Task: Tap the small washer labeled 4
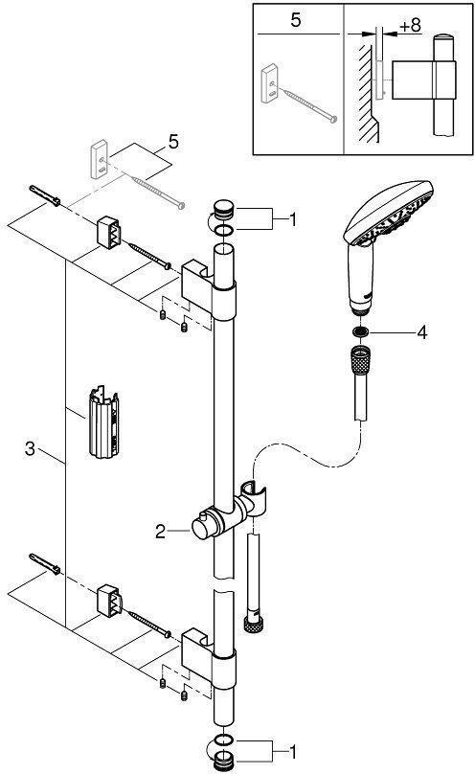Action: [x=360, y=331]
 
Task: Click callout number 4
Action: [x=421, y=332]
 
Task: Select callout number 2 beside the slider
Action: [x=160, y=532]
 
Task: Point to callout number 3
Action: [x=31, y=448]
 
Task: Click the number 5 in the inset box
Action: [x=296, y=21]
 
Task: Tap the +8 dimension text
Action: [x=411, y=26]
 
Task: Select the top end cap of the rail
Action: [x=224, y=209]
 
